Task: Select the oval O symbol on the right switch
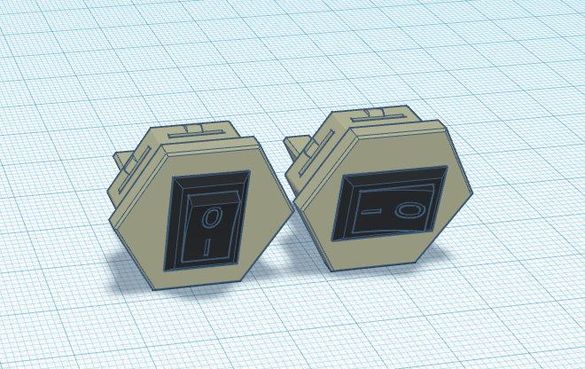[409, 210]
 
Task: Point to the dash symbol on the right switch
[372, 214]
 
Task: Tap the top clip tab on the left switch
[203, 130]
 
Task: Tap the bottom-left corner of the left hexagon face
[154, 288]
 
